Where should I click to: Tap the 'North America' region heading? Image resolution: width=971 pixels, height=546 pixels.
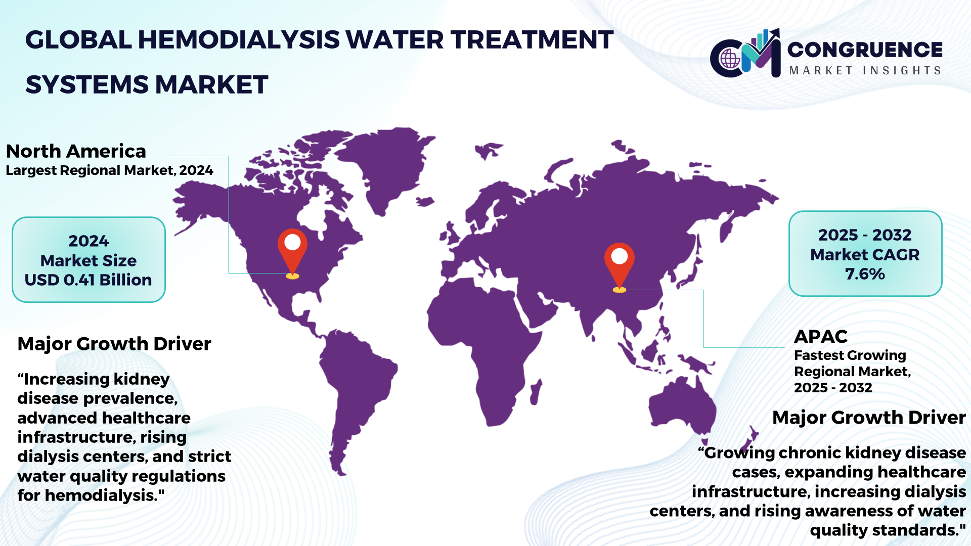click(76, 151)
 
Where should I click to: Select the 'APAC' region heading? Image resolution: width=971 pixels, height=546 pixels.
click(821, 336)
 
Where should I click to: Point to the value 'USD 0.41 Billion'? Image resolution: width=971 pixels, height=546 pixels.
click(89, 280)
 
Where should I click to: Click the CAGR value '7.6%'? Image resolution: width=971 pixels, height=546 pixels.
click(865, 274)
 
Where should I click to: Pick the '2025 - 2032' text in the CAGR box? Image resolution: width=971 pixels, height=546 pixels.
click(865, 235)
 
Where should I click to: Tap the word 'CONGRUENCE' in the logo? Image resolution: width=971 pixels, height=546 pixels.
click(865, 50)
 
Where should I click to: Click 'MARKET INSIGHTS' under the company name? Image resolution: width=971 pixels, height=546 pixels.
click(865, 70)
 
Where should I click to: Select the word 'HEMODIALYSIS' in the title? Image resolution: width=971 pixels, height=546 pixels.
click(239, 39)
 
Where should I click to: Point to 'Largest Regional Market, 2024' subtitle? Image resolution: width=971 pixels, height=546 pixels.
click(109, 170)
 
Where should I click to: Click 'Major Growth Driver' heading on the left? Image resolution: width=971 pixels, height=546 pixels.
click(114, 344)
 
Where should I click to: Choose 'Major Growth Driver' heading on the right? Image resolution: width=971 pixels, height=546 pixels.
click(869, 418)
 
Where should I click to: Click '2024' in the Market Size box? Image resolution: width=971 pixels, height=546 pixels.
click(89, 241)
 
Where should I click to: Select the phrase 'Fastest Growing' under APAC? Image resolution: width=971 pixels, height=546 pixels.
click(850, 355)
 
